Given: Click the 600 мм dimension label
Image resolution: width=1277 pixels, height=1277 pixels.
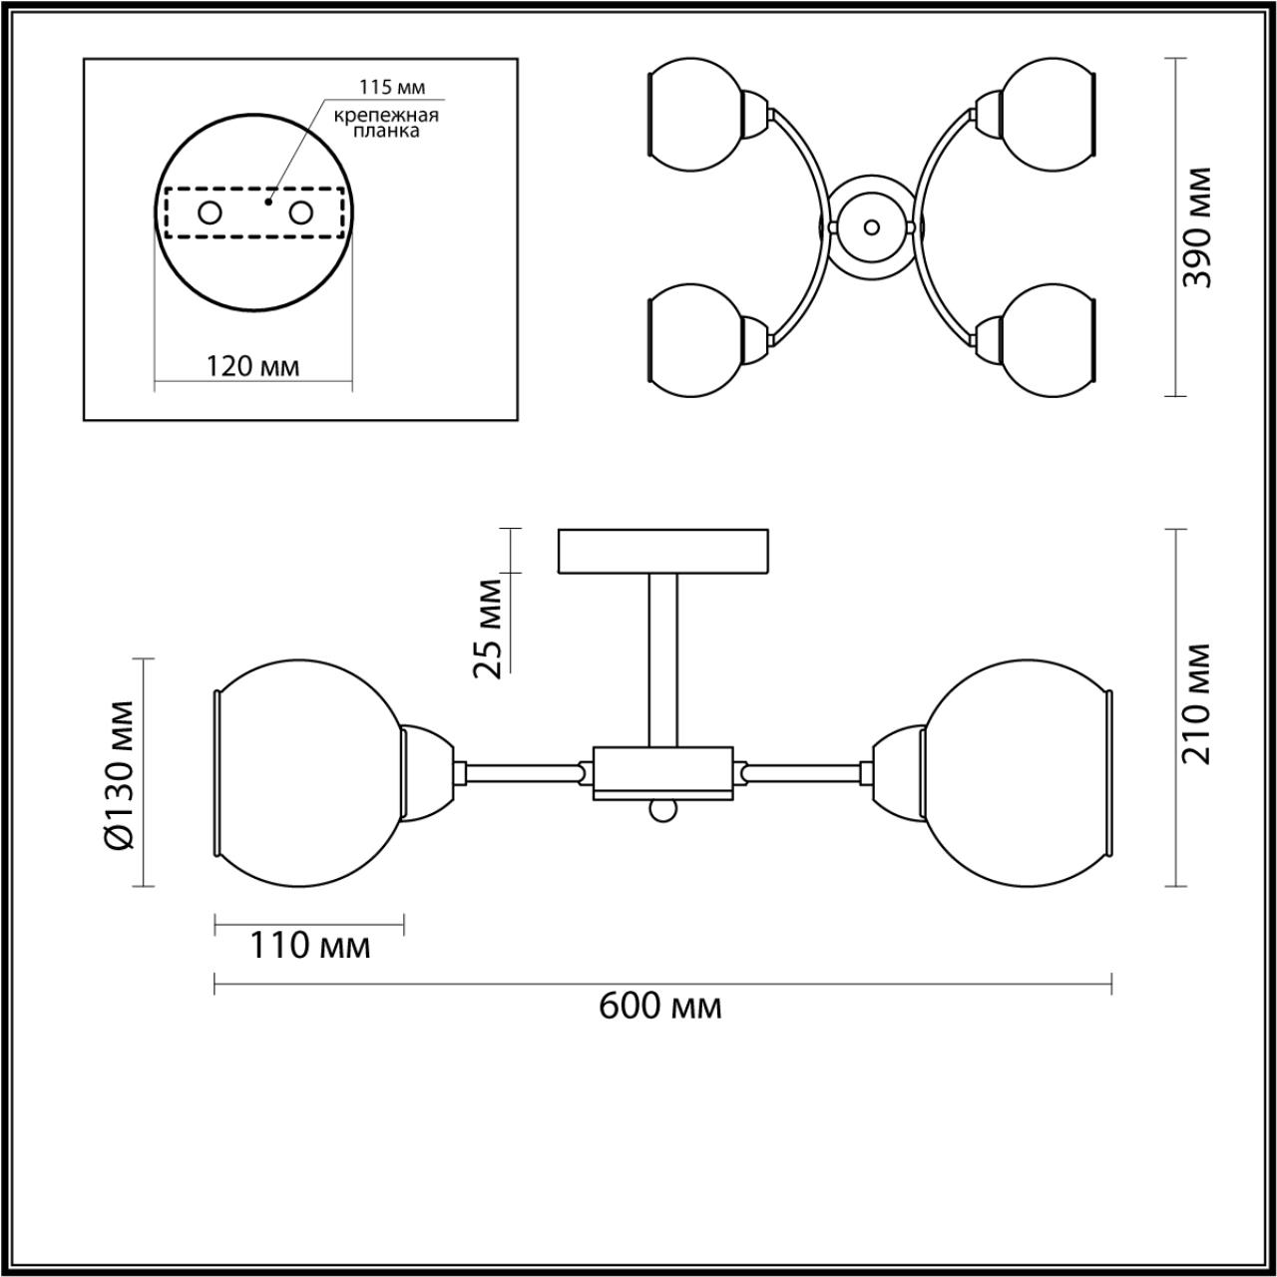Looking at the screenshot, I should click(x=659, y=1006).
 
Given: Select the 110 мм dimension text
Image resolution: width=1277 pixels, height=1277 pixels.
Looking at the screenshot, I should click(x=309, y=944).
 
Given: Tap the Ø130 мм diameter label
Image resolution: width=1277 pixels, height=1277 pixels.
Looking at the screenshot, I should click(x=119, y=774).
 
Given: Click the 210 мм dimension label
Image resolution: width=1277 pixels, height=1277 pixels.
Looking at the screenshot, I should click(x=1196, y=704).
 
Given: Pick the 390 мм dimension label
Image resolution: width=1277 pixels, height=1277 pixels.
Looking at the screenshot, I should click(x=1196, y=227).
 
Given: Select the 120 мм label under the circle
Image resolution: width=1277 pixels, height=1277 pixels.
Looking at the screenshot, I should click(x=252, y=366).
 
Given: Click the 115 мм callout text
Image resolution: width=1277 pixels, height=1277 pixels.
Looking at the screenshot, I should click(x=385, y=87).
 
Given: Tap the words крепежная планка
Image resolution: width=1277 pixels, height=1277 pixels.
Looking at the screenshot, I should click(x=386, y=123).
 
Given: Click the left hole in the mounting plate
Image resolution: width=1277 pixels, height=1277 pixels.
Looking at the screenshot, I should click(x=211, y=213).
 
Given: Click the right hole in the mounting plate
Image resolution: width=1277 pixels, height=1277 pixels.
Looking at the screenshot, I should click(x=300, y=213).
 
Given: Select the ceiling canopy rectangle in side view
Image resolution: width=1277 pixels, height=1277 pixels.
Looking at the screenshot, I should click(x=663, y=552).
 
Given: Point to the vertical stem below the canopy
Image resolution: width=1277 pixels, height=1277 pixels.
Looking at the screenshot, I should click(x=663, y=659).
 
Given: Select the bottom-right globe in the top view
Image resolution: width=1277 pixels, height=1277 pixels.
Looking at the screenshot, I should click(x=1048, y=341).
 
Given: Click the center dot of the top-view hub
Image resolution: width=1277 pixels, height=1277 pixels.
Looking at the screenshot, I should click(x=872, y=226).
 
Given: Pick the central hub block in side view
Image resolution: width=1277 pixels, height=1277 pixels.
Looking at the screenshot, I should click(x=663, y=773).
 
